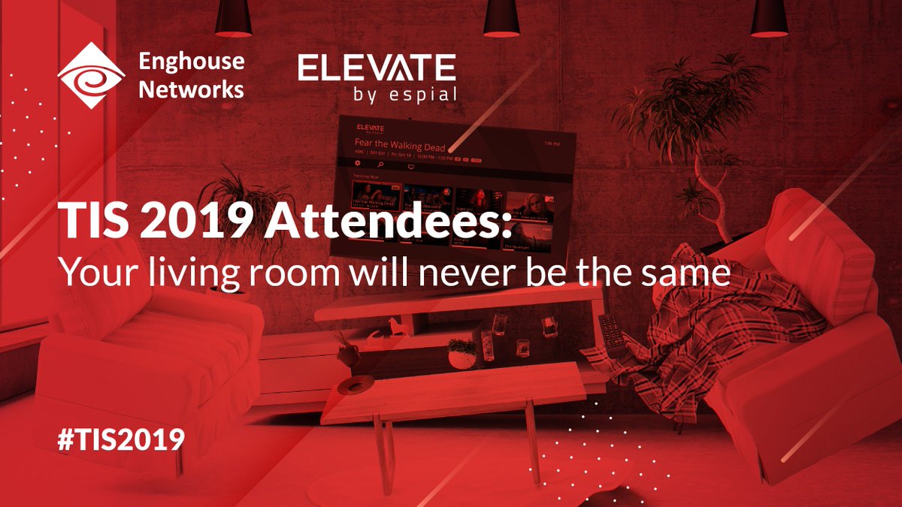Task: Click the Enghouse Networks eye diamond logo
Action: pyautogui.click(x=91, y=74)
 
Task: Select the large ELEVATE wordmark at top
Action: pyautogui.click(x=377, y=68)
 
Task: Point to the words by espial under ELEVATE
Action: pyautogui.click(x=404, y=95)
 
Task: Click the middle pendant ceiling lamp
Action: pyautogui.click(x=501, y=19)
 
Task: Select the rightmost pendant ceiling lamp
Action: pyautogui.click(x=769, y=19)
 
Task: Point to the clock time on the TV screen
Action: pyautogui.click(x=552, y=143)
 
